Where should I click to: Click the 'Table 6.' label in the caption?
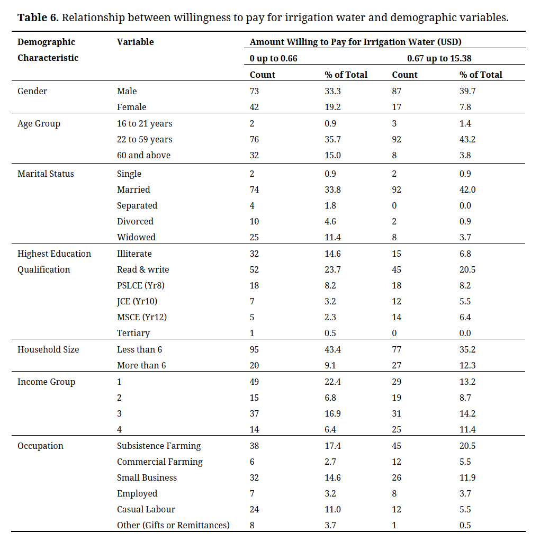pos(38,17)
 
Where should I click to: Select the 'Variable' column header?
pos(136,42)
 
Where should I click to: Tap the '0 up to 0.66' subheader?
pos(273,59)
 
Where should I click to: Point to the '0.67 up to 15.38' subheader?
pos(439,59)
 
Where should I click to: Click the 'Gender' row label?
pos(32,91)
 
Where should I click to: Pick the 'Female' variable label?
pos(132,107)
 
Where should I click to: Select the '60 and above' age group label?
pos(144,155)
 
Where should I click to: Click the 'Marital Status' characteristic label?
pos(46,174)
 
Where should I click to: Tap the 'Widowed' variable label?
pos(136,237)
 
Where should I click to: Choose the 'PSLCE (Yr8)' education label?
pos(141,285)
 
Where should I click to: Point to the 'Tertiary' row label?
pos(133,333)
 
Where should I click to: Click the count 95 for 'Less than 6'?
pos(255,350)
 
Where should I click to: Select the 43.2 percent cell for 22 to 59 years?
pos(467,139)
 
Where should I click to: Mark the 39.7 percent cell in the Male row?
pos(467,91)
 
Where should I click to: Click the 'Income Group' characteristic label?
pos(46,382)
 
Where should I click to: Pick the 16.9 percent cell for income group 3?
pos(332,413)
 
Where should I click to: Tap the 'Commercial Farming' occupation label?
pos(160,462)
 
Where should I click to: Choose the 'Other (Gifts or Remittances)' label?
pos(173,526)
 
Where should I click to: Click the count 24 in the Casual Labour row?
pos(255,509)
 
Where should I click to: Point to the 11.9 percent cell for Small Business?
pos(467,477)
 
